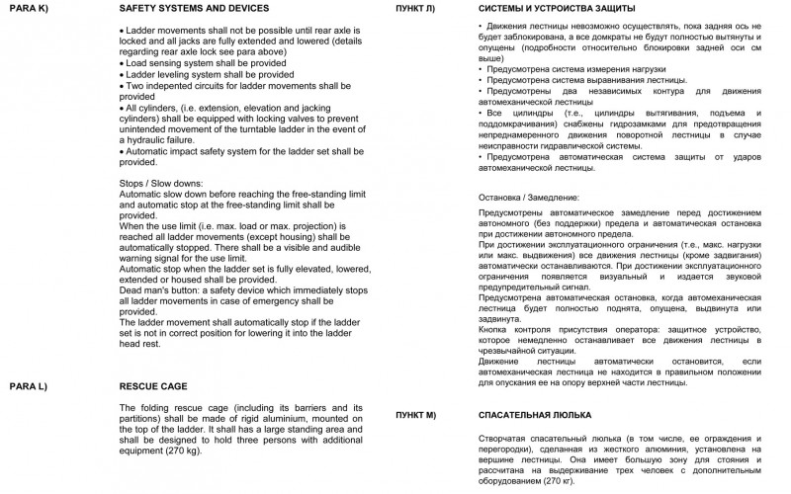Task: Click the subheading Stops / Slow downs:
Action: [162, 184]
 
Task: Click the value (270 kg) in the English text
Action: [181, 450]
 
